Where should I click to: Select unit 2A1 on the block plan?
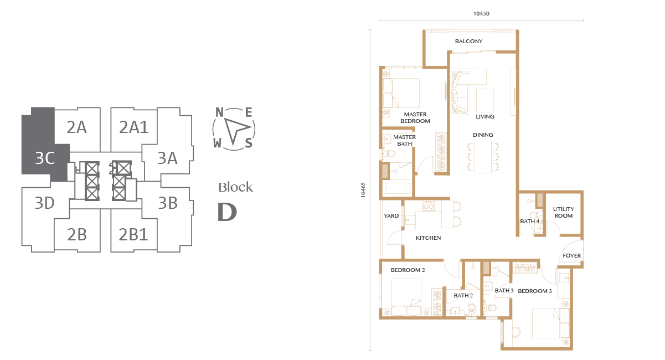tap(134, 127)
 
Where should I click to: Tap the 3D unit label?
tap(44, 203)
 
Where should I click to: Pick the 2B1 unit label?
tap(133, 234)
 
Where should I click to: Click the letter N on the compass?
tap(219, 112)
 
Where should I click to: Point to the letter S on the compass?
tap(249, 143)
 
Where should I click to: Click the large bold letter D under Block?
tap(227, 212)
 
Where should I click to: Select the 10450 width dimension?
tap(481, 14)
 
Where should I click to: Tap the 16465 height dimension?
tap(363, 190)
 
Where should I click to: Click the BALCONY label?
tap(469, 42)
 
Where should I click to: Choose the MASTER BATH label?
tap(404, 140)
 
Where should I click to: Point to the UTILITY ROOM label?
tap(564, 212)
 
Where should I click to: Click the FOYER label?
tap(572, 255)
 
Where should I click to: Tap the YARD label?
tap(391, 215)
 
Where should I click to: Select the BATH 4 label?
tap(530, 222)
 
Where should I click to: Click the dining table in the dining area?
tap(483, 157)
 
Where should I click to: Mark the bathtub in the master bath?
tap(398, 189)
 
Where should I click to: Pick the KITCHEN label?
tap(428, 238)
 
